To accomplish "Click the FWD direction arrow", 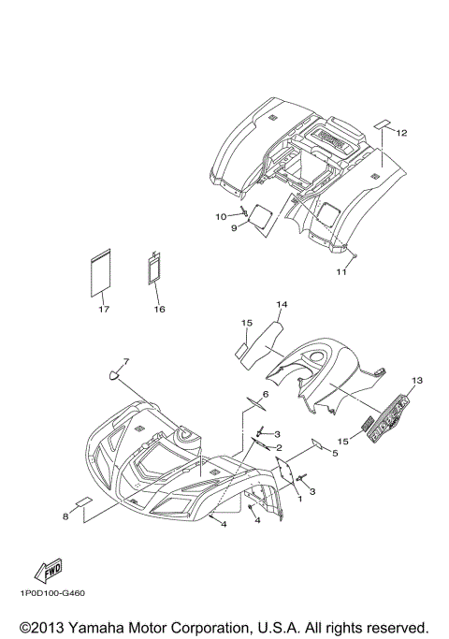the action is coord(48,570).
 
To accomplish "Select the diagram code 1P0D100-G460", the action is coord(51,593).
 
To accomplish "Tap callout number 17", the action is coord(104,310).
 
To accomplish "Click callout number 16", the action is coord(160,310).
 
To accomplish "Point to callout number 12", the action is coord(401,133).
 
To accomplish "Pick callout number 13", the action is coord(417,380).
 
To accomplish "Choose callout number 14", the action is coord(282,304).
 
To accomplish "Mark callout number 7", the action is coord(126,361).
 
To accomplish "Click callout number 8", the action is coord(65,516).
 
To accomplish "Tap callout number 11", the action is coord(341,271).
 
